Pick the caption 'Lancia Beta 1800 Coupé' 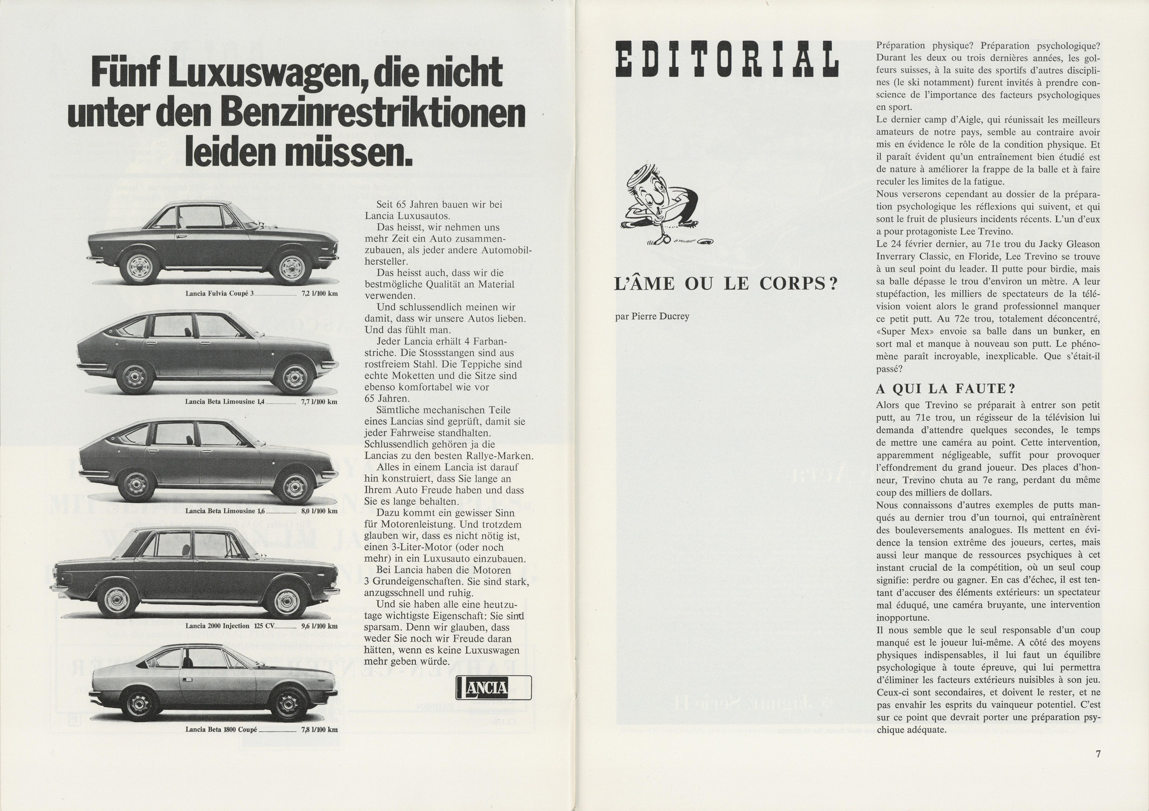tap(221, 729)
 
